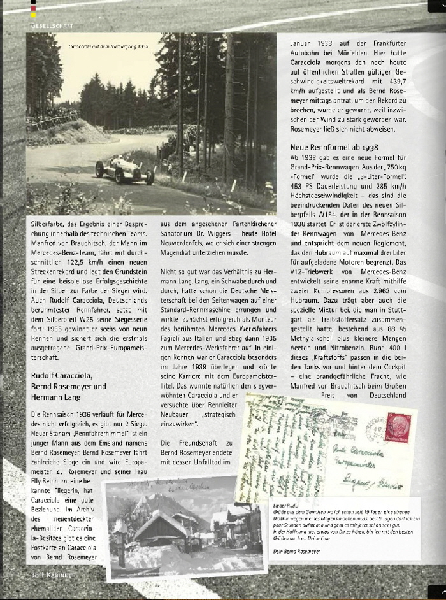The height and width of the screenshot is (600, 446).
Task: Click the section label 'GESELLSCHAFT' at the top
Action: click(52, 25)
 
